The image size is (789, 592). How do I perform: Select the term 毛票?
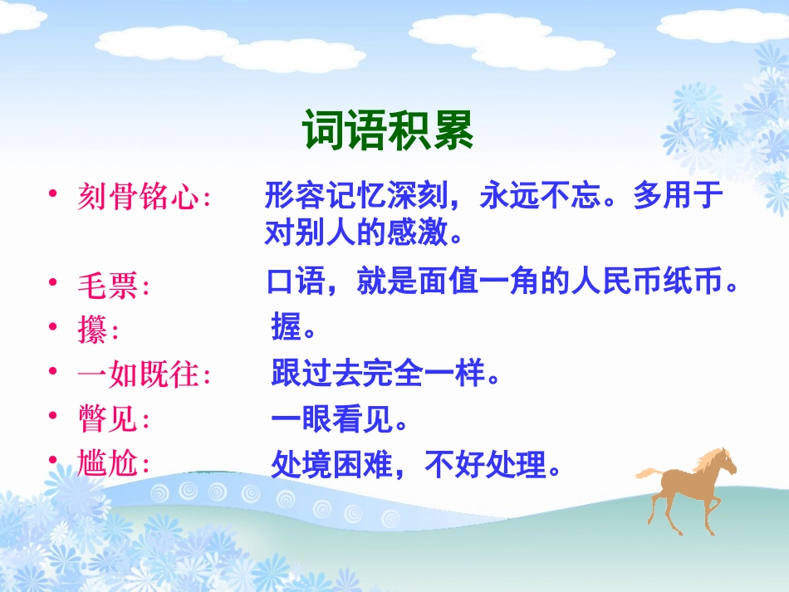pos(108,286)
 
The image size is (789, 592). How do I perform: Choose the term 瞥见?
pos(108,420)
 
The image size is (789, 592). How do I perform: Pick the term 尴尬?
pos(108,463)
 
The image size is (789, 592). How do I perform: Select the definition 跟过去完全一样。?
pos(387,374)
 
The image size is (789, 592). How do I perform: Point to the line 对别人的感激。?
pos(363,232)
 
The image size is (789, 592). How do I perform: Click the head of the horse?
pos(723,459)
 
